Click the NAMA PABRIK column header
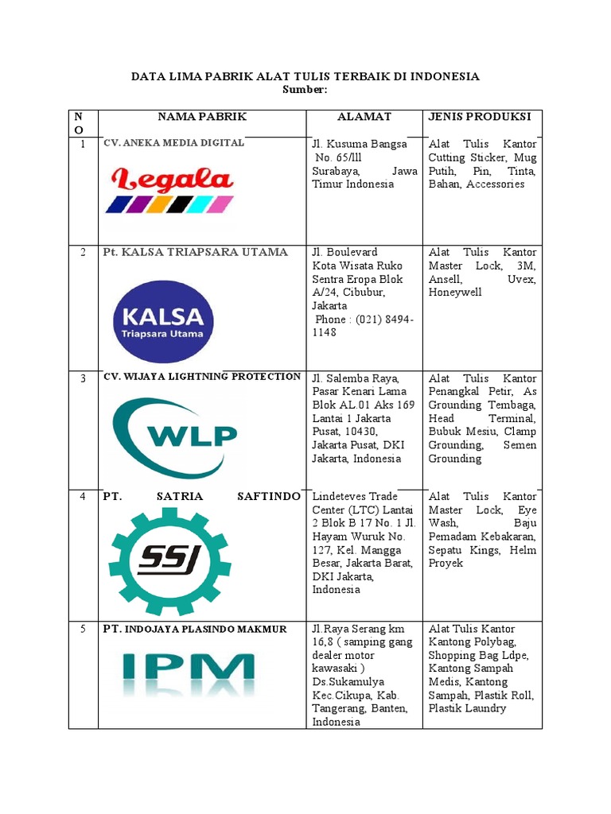(x=202, y=117)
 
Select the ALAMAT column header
(x=364, y=117)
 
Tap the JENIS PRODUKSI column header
(x=480, y=117)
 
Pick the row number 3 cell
(x=83, y=378)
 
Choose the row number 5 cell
(x=83, y=629)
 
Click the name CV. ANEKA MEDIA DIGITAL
(x=173, y=143)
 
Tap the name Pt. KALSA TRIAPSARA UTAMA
(x=195, y=252)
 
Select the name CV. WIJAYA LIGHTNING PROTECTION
(x=202, y=377)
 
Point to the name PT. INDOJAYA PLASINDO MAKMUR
(x=194, y=630)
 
